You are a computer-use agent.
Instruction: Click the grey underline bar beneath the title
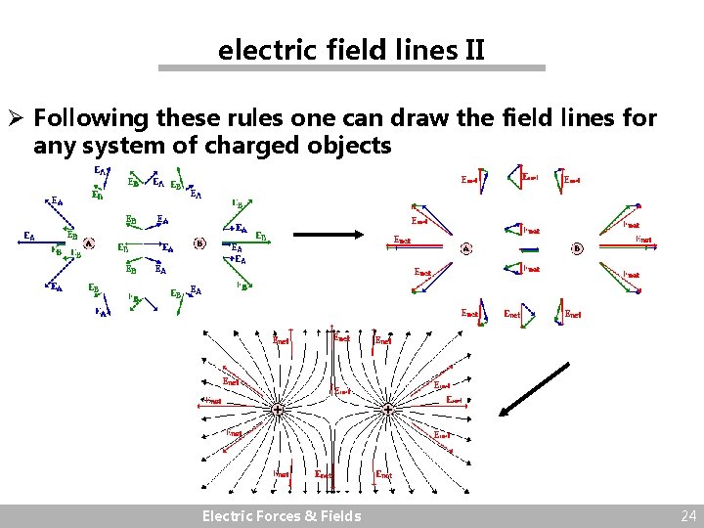[x=352, y=68]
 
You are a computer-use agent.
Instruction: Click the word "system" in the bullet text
[x=123, y=147]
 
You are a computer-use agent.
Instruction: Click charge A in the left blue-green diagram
[x=89, y=242]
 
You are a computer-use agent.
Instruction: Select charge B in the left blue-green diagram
[x=199, y=242]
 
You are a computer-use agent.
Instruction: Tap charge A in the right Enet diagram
[x=466, y=248]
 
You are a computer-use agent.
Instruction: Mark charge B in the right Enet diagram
[x=577, y=248]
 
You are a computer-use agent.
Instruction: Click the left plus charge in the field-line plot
[x=279, y=409]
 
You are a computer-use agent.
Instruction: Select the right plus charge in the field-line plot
[x=388, y=409]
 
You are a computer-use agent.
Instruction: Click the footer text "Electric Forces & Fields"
[x=281, y=516]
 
